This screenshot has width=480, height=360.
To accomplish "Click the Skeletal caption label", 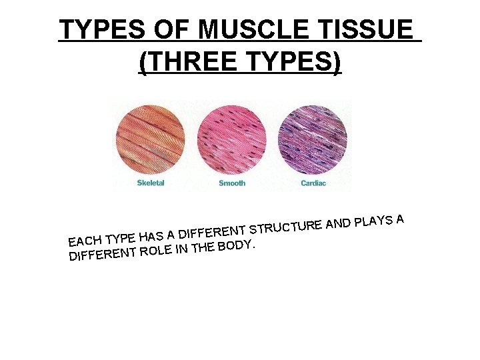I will (151, 183).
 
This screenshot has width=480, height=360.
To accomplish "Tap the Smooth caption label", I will (232, 183).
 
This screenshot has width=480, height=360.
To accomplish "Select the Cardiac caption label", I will (313, 183).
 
